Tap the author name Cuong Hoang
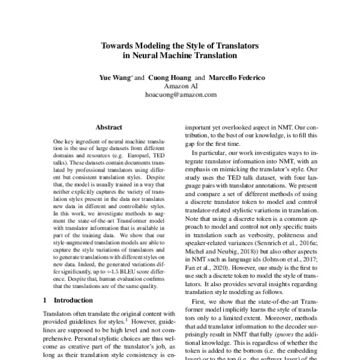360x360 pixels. click(x=170, y=78)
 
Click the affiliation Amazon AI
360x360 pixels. click(x=180, y=86)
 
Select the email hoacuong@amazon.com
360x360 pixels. click(x=180, y=95)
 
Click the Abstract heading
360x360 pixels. click(x=109, y=127)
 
